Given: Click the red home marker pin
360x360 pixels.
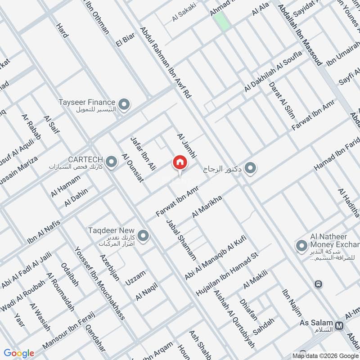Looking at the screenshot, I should (180, 162).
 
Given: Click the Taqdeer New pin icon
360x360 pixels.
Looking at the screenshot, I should (143, 235).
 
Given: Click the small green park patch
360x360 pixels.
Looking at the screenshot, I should (220, 21).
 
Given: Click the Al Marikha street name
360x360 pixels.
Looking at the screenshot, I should (208, 207).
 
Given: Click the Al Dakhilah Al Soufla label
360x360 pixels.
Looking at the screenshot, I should (273, 75).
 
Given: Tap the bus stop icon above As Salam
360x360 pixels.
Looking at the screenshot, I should (319, 284).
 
